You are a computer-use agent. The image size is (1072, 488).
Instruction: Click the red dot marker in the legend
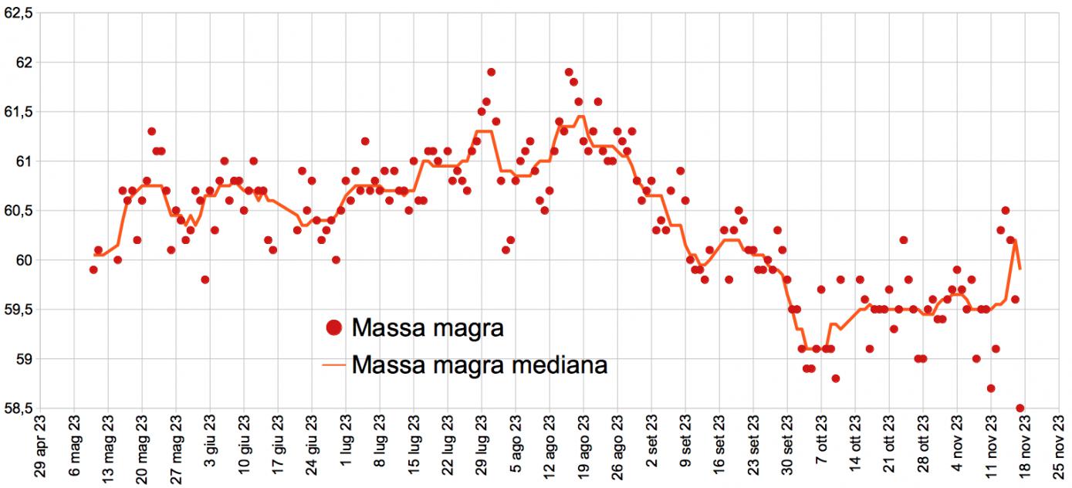coord(333,328)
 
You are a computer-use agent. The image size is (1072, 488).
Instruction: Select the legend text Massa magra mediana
coord(479,364)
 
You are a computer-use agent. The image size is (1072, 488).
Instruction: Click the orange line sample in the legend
coord(333,364)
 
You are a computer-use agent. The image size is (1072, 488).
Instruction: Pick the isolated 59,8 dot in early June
coord(205,280)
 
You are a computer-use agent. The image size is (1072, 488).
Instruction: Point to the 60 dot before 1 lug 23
coord(336,259)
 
